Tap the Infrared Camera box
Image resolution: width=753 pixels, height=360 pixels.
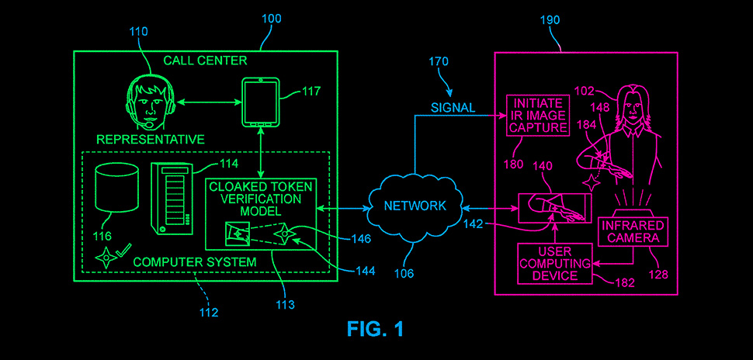pyautogui.click(x=631, y=231)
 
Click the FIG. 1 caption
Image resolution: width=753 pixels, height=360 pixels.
pyautogui.click(x=376, y=329)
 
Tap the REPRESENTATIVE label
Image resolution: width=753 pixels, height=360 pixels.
pyautogui.click(x=151, y=140)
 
